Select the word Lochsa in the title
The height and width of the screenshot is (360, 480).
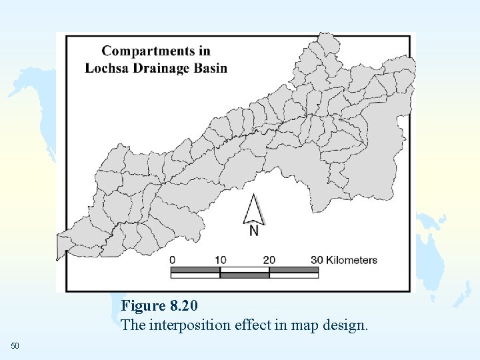[105, 68]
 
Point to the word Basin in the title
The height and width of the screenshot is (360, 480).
[210, 68]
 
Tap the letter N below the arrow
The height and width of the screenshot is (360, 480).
[254, 231]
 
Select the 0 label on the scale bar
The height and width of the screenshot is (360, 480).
[173, 260]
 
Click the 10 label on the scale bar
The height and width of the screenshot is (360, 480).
[220, 260]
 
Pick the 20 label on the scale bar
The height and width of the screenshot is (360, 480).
[269, 260]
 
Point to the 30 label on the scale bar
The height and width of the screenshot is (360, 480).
[317, 260]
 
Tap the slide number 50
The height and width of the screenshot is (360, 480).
[15, 345]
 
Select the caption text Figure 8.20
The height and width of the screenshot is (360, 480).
[159, 306]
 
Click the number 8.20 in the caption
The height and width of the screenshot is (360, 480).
[184, 306]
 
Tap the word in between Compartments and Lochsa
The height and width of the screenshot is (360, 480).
[205, 51]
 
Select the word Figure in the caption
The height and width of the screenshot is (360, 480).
[143, 306]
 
